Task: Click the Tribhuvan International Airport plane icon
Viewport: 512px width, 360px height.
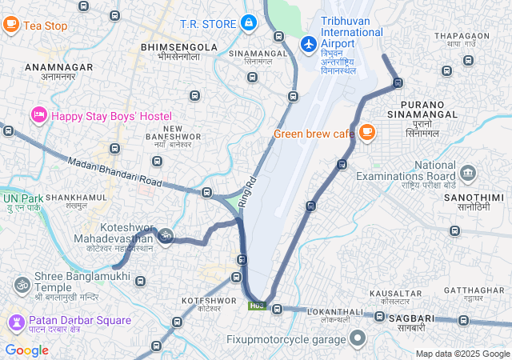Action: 308,42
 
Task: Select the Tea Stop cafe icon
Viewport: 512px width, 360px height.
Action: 11,25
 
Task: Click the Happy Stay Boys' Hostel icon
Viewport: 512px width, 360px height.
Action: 38,116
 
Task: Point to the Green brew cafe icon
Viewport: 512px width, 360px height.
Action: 366,132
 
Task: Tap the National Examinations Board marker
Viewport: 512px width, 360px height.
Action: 468,171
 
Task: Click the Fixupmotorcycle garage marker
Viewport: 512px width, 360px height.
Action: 358,338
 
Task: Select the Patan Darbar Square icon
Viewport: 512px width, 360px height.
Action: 15,323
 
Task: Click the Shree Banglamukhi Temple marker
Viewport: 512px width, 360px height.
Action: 21,283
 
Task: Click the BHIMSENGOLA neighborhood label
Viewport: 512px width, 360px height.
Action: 179,47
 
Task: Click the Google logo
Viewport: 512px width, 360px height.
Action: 26,350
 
